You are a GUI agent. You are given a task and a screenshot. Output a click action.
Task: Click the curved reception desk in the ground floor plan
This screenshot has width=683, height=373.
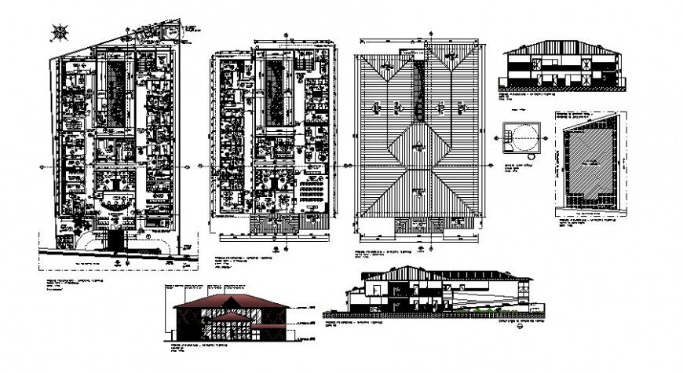[115, 188]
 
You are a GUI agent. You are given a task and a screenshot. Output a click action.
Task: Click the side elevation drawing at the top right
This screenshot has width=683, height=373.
[560, 68]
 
